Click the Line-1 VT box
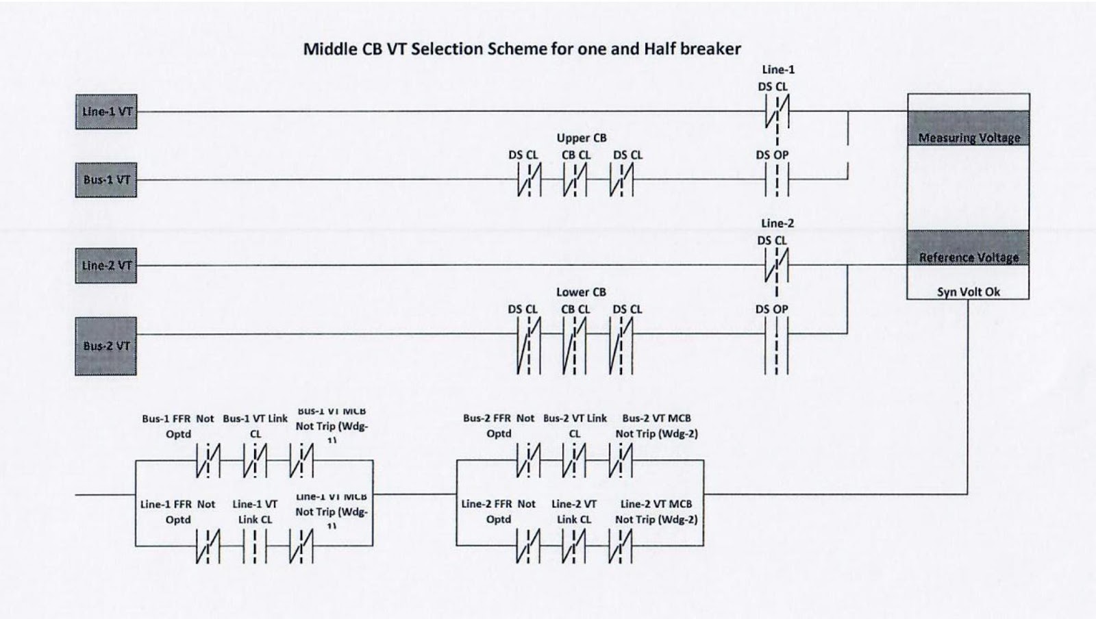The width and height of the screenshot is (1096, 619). tap(106, 112)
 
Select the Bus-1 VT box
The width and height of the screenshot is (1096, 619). tap(106, 180)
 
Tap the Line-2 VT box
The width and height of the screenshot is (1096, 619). tap(106, 266)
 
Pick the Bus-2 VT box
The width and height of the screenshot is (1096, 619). tap(106, 346)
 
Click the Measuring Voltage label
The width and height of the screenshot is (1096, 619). tap(969, 138)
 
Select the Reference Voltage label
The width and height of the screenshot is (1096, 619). tap(969, 257)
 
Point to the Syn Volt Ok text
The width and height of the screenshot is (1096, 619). tap(969, 292)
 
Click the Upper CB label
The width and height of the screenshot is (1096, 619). tap(582, 138)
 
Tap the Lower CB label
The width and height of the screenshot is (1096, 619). tap(581, 292)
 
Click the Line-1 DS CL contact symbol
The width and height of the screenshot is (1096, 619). tap(777, 112)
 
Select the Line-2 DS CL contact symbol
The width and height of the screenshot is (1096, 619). tap(777, 266)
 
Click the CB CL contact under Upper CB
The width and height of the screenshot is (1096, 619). tap(575, 181)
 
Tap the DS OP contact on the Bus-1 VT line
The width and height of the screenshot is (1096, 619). tap(777, 181)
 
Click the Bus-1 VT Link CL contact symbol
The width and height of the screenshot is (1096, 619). tap(255, 461)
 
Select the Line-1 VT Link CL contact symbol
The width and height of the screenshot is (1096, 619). tap(255, 546)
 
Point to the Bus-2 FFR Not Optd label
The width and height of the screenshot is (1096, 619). tap(499, 426)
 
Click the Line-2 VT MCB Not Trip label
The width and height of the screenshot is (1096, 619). tap(656, 511)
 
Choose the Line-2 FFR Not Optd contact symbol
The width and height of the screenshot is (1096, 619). tap(528, 546)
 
